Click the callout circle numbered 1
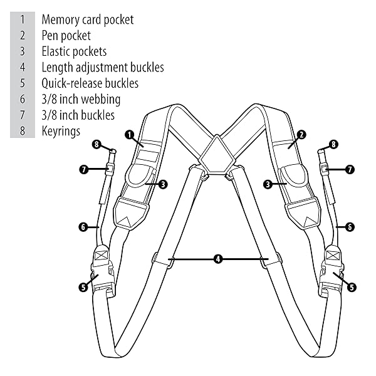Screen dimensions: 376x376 tap(130, 135)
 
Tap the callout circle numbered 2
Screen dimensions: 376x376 tap(301, 135)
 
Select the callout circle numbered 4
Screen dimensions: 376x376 tap(218, 259)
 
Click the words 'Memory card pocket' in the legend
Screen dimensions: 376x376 tap(88, 19)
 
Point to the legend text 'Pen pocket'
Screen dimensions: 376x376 tap(66, 36)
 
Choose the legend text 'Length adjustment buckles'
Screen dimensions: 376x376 tap(103, 68)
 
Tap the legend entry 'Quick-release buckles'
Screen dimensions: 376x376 tap(90, 83)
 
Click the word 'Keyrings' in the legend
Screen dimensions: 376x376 tap(61, 132)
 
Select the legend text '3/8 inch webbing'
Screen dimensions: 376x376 tap(81, 100)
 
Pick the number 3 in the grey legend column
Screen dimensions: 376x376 tap(23, 51)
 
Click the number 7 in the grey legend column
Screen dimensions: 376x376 tap(23, 115)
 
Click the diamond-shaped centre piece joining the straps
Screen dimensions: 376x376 tap(217, 154)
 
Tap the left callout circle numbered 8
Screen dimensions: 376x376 tap(97, 144)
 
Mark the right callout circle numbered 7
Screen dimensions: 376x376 tap(350, 170)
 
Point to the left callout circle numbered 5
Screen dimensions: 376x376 tap(83, 287)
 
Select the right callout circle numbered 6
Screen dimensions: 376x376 tap(350, 227)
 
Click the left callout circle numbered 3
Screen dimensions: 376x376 tap(163, 184)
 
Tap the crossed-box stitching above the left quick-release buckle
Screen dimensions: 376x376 tap(102, 254)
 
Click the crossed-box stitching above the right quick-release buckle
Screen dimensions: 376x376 tap(332, 255)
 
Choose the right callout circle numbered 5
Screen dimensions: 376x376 tap(352, 287)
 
